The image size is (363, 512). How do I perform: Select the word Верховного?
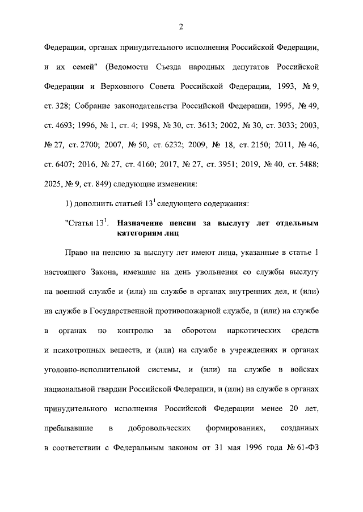[118, 87]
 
